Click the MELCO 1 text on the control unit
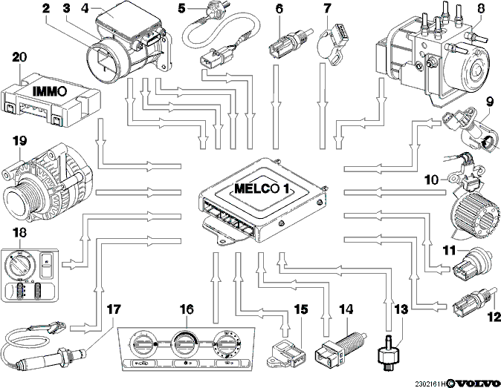(262, 188)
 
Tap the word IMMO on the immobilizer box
(50, 91)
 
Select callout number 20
(19, 57)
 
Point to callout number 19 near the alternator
(19, 141)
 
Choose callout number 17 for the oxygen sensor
(114, 309)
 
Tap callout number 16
(187, 309)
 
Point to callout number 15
(301, 309)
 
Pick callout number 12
(494, 317)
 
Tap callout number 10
(432, 180)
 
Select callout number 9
(490, 102)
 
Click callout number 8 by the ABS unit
(481, 9)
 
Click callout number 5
(182, 9)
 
